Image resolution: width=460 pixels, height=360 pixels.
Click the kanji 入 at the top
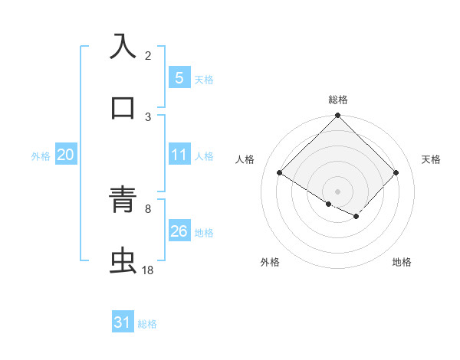click(x=123, y=46)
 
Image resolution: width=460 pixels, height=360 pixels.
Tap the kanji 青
click(x=123, y=201)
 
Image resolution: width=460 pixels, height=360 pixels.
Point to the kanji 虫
click(x=123, y=261)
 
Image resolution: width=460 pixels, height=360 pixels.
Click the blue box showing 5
click(x=179, y=77)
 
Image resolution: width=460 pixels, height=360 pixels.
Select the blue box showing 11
click(x=179, y=155)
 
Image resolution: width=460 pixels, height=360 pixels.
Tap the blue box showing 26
click(x=179, y=231)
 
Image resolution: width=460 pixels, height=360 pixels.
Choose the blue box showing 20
click(x=66, y=155)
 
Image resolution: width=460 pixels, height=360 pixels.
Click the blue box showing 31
click(x=123, y=323)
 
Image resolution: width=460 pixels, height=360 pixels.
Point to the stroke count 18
click(x=148, y=270)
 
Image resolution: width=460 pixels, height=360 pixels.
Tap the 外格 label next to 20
click(x=41, y=155)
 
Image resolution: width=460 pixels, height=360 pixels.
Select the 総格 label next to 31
click(x=147, y=324)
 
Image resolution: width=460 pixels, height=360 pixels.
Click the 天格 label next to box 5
click(x=204, y=78)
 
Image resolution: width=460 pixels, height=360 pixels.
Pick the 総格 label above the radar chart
click(x=338, y=100)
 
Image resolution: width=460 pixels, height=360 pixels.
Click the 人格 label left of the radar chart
click(x=245, y=159)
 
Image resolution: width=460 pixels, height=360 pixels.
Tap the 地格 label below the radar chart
click(x=402, y=262)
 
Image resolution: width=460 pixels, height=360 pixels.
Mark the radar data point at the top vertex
click(x=337, y=116)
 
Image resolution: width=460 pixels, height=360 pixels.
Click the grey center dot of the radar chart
click(x=337, y=191)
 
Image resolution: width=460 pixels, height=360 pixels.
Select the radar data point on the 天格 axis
click(x=396, y=172)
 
